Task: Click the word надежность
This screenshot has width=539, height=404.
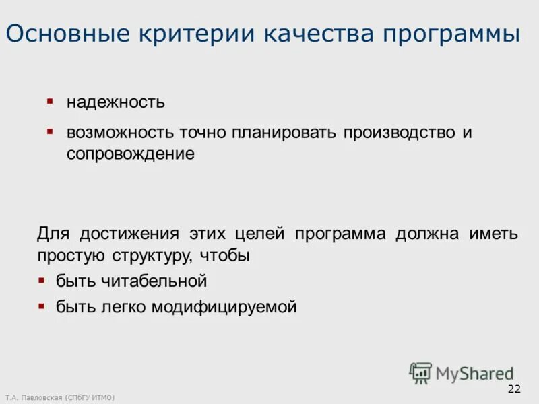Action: click(x=115, y=102)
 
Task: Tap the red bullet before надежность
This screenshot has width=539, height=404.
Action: click(x=49, y=101)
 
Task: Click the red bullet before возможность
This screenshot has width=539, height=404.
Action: click(x=49, y=130)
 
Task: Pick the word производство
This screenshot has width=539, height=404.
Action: click(x=400, y=132)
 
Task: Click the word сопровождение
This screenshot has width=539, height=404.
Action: click(x=130, y=154)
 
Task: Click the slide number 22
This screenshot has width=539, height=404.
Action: click(x=513, y=389)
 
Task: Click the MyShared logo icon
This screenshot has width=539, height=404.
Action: click(x=420, y=373)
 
